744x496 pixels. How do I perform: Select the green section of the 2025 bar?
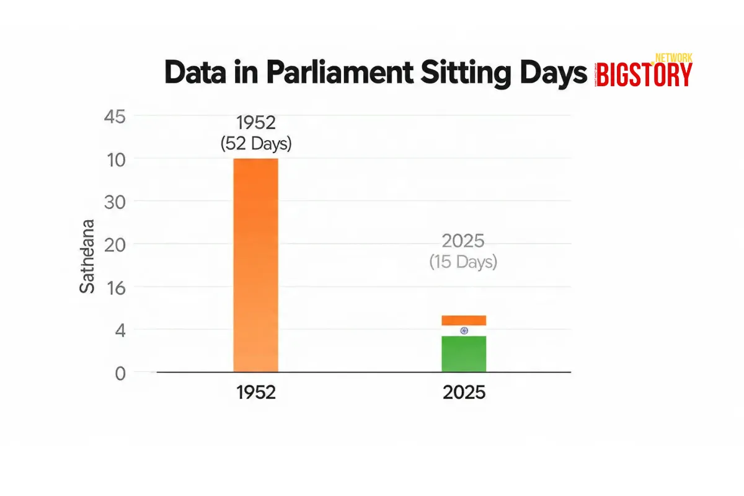tap(464, 354)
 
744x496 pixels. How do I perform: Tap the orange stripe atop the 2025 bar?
tap(464, 320)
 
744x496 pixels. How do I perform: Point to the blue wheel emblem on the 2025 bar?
tap(464, 331)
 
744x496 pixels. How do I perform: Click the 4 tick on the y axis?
tap(119, 330)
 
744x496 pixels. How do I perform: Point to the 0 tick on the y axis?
tap(119, 373)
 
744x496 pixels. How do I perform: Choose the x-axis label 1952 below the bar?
tap(255, 393)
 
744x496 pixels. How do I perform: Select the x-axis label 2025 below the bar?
tap(464, 393)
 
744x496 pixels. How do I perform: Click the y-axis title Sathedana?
tap(87, 256)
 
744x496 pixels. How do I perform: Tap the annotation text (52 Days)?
tap(255, 144)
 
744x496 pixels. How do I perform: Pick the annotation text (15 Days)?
tap(463, 262)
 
